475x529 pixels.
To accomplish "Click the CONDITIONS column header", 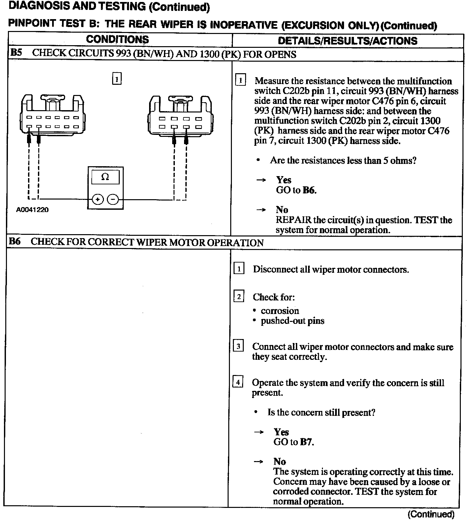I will point(117,40).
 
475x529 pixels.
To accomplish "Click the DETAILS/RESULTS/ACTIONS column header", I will point(347,41).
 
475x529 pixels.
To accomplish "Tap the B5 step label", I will point(16,53).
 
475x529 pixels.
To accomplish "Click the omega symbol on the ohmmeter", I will point(105,177).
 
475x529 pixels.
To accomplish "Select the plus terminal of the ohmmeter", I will point(98,199).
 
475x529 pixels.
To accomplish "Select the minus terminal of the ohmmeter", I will point(113,199).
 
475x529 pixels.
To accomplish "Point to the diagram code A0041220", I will point(32,210).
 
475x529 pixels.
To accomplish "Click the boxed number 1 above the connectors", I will point(117,79).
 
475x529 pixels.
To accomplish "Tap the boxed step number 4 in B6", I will point(238,382).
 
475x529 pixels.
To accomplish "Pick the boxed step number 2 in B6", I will point(239,296).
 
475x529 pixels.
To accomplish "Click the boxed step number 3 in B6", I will point(238,346).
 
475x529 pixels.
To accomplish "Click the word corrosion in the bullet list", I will point(280,311).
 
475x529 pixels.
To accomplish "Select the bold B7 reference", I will point(306,442).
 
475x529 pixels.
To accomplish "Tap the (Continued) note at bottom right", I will point(431,514).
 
